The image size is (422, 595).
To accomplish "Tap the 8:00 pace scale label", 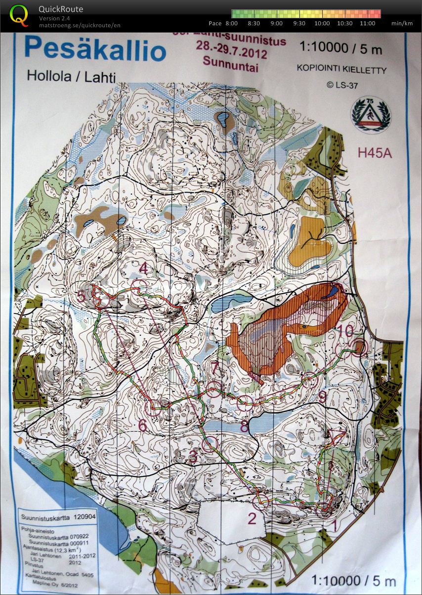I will (231, 23).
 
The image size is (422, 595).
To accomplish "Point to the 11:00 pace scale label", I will (367, 23).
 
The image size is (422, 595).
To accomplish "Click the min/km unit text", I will (402, 23).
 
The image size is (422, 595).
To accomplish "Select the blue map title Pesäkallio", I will (95, 50).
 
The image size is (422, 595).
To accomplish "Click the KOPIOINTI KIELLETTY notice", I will (341, 70).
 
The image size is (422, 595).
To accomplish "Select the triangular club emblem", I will (371, 114).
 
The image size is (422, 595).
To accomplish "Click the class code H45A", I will (375, 153).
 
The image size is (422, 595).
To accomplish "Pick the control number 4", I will (144, 269).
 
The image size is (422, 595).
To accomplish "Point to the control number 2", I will (252, 519).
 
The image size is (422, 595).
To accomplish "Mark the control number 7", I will (214, 367).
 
